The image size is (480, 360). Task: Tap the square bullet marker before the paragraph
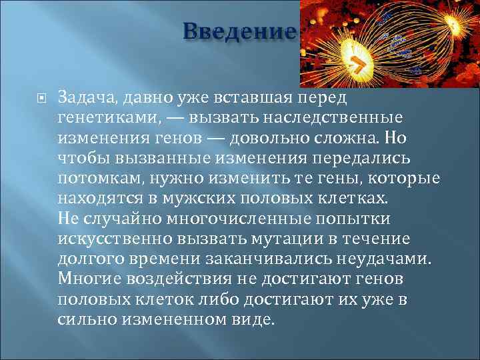[41, 99]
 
